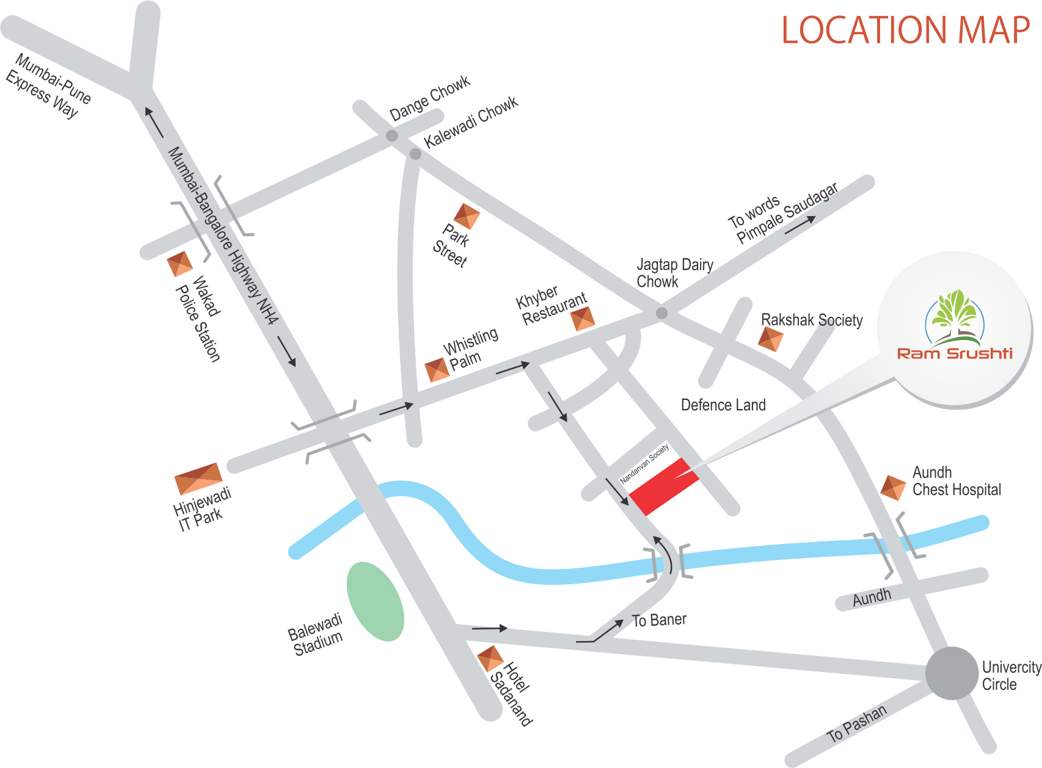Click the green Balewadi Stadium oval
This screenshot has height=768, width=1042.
click(x=376, y=601)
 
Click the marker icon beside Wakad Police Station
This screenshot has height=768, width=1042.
click(x=180, y=264)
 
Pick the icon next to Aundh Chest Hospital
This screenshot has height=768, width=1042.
click(x=893, y=487)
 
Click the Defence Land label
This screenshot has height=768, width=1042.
click(x=723, y=405)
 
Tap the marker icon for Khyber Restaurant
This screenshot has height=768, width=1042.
click(x=582, y=319)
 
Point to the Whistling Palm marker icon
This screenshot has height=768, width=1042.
click(x=438, y=369)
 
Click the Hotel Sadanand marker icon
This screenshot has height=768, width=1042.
click(x=491, y=659)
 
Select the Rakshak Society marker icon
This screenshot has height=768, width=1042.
click(x=771, y=338)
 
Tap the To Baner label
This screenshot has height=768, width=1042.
click(x=659, y=621)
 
